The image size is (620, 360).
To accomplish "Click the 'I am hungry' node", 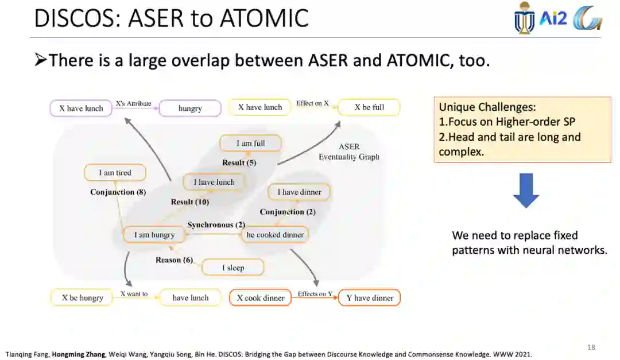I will [154, 234].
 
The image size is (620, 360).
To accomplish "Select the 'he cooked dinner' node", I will [275, 234].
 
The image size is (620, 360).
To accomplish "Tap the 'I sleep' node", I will [232, 268].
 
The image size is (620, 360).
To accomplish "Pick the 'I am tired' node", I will [115, 172].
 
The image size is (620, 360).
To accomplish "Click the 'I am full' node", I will [251, 143].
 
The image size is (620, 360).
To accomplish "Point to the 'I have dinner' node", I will [299, 192].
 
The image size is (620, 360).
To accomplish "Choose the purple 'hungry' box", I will [190, 108].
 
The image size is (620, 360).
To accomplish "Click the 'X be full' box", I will [369, 107].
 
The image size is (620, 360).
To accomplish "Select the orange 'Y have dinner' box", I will [370, 297].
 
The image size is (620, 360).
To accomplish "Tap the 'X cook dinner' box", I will [261, 297].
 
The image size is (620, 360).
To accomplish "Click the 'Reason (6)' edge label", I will [174, 260].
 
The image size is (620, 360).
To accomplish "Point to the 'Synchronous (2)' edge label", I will [216, 224].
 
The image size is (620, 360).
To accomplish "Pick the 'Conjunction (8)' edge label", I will [118, 192].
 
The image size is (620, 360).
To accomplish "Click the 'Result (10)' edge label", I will [189, 202].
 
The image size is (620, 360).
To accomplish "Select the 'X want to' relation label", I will [134, 294].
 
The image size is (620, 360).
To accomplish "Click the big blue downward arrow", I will [526, 190].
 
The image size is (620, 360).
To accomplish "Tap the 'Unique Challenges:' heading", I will [487, 107].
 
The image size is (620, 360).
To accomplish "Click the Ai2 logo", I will [553, 19].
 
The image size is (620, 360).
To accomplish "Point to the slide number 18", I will [591, 347].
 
